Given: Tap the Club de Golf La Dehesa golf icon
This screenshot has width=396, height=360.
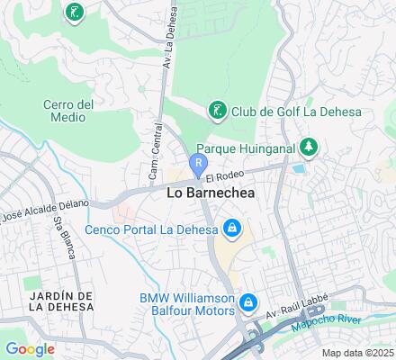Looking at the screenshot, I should [216, 111].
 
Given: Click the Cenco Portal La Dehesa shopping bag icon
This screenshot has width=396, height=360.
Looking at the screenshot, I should [232, 228].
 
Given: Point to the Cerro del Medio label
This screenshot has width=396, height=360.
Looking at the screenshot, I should [68, 112].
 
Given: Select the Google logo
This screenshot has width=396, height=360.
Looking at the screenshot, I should [30, 349].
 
